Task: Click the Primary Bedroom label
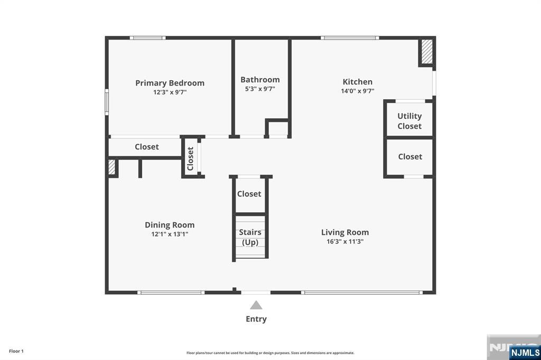170,83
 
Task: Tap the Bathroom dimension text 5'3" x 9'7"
260,89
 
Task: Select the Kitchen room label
358,82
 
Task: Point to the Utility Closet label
409,121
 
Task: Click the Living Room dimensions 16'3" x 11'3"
345,241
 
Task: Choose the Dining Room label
170,225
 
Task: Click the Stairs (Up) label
250,237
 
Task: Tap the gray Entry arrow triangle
256,305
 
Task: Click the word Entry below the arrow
256,319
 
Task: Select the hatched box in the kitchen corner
426,52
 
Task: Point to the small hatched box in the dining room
111,167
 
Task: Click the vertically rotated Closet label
191,158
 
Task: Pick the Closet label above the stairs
249,194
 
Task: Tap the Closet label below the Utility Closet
410,156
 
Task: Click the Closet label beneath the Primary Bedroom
146,147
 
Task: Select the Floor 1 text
16,351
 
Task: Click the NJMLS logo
524,352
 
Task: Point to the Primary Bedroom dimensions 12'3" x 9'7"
170,92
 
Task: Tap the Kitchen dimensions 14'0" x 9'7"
358,91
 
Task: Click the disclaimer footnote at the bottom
270,353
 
